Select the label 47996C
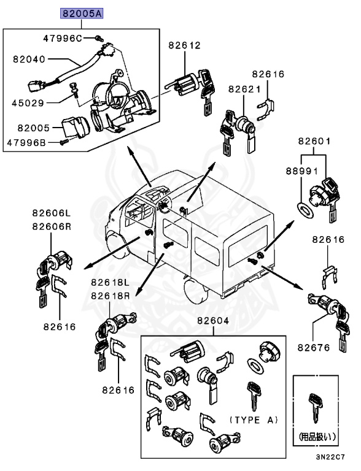pyautogui.click(x=63, y=38)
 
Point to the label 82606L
pyautogui.click(x=53, y=213)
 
